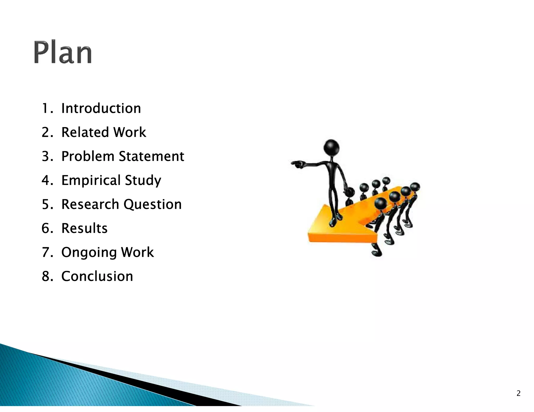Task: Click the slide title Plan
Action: click(63, 52)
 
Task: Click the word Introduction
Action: click(101, 108)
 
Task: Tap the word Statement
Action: click(151, 156)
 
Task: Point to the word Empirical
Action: click(91, 180)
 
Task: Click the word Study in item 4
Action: click(143, 180)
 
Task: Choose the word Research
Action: click(90, 204)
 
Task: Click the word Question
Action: click(153, 204)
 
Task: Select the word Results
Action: click(84, 228)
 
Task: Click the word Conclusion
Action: click(97, 276)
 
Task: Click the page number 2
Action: click(518, 393)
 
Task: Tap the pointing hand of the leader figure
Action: click(297, 164)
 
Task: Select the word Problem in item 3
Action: click(88, 156)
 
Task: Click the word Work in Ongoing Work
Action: click(137, 252)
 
